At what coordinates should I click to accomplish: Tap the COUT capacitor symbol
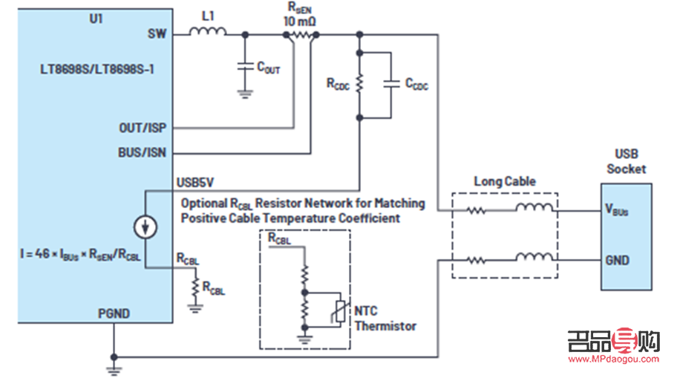click(244, 65)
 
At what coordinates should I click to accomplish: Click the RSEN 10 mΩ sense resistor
click(301, 34)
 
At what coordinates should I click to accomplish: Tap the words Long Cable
click(505, 181)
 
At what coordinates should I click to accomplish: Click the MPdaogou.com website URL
click(614, 359)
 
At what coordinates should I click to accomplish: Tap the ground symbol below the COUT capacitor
click(244, 93)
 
